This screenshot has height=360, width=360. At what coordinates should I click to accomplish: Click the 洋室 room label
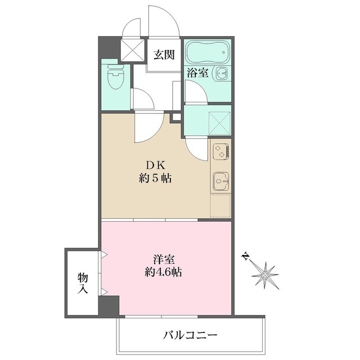coord(164,260)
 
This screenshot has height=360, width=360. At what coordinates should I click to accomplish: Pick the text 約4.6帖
coord(164,273)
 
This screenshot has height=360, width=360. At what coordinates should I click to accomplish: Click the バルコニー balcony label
coord(190,336)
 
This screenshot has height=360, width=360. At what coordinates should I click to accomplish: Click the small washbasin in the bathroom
coord(223,73)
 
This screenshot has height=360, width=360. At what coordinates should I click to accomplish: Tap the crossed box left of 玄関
coord(133,49)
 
